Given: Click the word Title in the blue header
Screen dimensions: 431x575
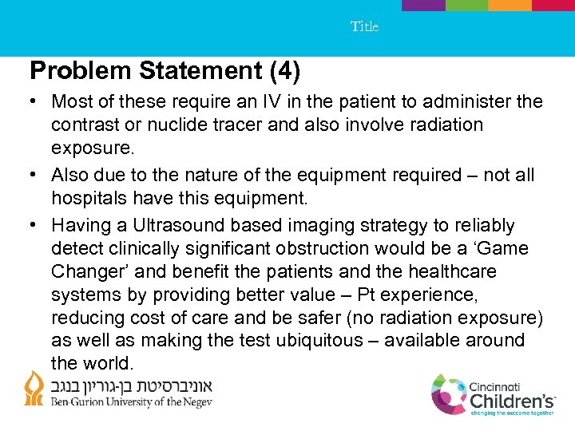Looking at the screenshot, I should [364, 26].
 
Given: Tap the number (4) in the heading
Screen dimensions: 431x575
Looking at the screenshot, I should [285, 72].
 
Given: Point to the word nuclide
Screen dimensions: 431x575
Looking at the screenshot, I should [167, 125].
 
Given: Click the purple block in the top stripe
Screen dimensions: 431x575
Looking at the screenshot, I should [423, 5].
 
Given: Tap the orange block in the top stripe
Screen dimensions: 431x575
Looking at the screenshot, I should [510, 5].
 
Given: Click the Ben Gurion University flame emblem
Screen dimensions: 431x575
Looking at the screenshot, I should [34, 389].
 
